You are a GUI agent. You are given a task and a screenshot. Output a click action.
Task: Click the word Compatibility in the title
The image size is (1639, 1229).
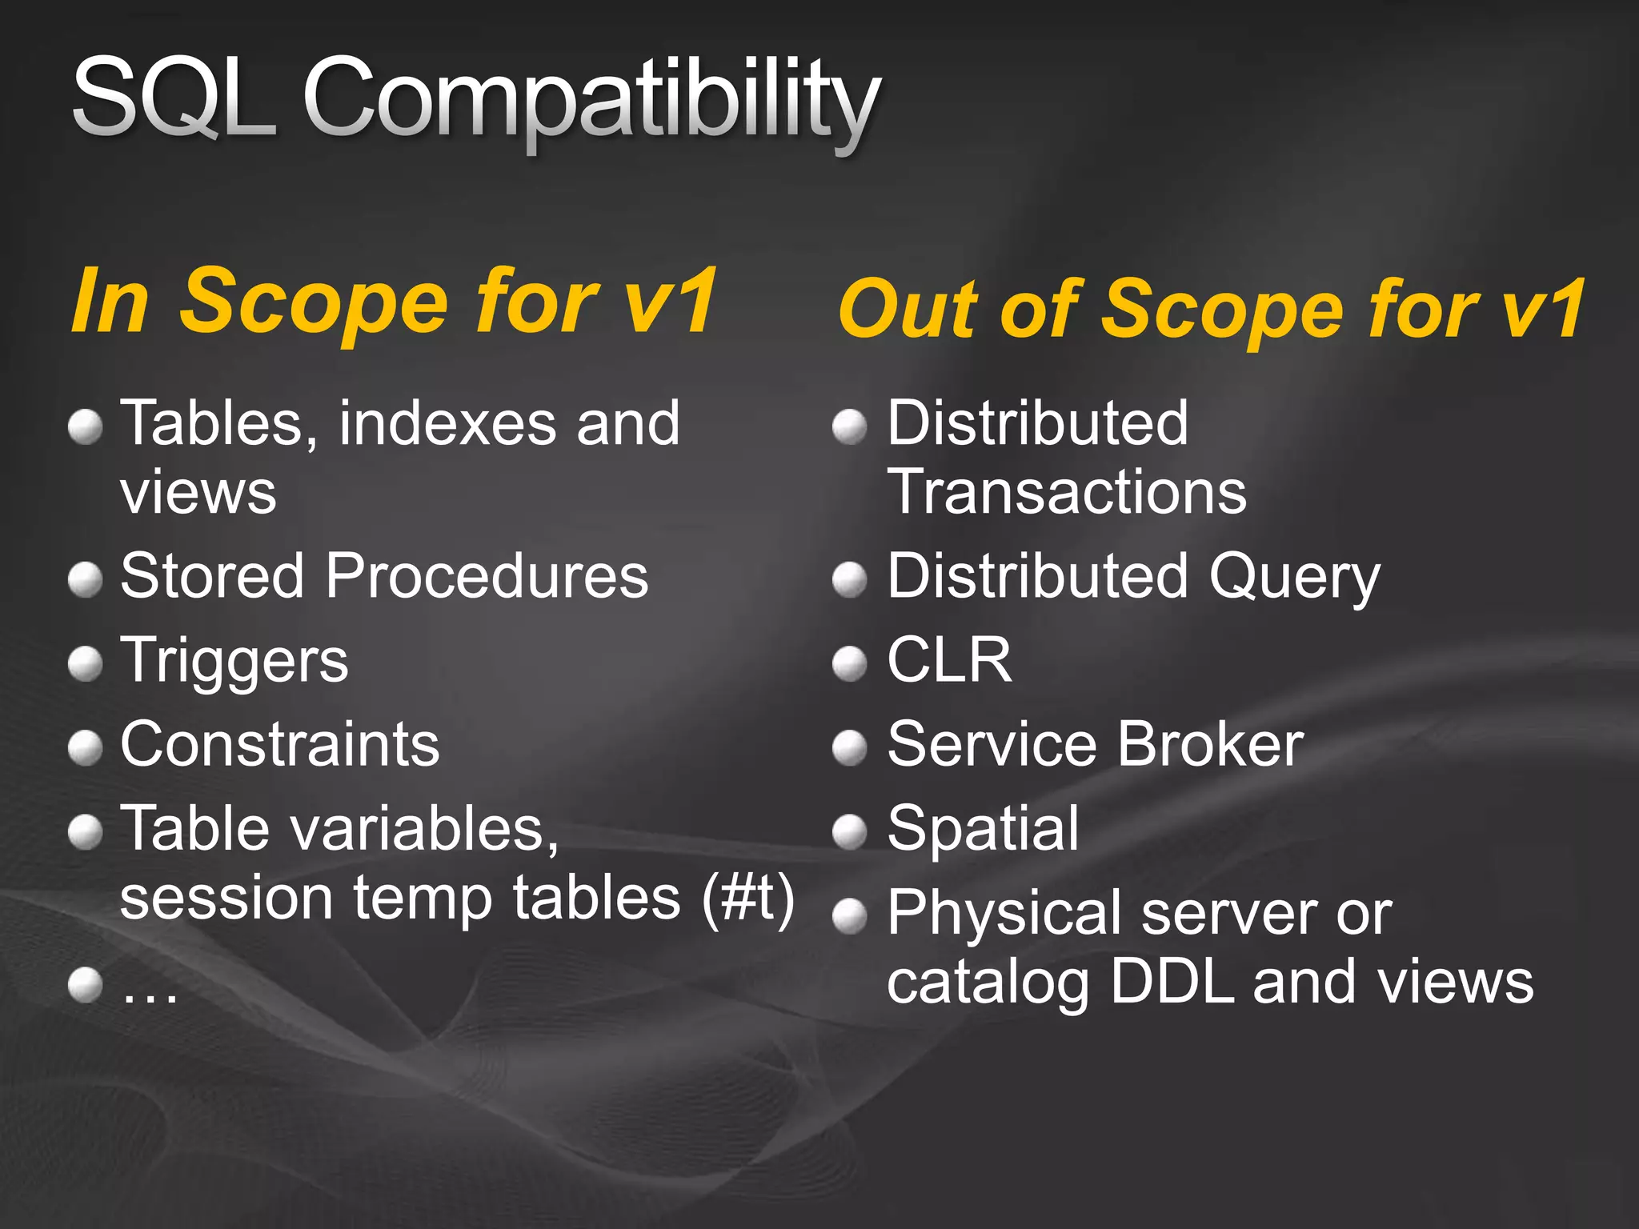[x=592, y=100]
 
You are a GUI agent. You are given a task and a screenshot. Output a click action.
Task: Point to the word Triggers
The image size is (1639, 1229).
[x=234, y=661]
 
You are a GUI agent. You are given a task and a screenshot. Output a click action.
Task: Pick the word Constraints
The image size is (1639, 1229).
[x=279, y=744]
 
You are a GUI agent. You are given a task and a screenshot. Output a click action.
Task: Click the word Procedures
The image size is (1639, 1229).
[x=487, y=575]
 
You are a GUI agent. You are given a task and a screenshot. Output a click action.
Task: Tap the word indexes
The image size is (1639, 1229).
[x=447, y=423]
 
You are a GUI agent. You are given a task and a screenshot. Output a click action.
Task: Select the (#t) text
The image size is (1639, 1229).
[x=748, y=898]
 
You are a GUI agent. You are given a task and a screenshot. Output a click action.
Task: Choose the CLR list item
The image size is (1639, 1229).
[x=949, y=660]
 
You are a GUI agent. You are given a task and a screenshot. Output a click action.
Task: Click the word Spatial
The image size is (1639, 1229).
[x=984, y=828]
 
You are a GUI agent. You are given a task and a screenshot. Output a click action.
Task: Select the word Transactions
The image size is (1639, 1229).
[x=1067, y=491]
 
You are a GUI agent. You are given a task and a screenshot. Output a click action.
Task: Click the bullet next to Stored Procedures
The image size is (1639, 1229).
[x=85, y=579]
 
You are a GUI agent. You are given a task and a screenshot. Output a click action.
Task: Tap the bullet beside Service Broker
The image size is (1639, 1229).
[x=849, y=748]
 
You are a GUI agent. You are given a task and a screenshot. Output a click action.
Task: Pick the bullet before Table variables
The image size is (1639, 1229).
[x=85, y=832]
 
